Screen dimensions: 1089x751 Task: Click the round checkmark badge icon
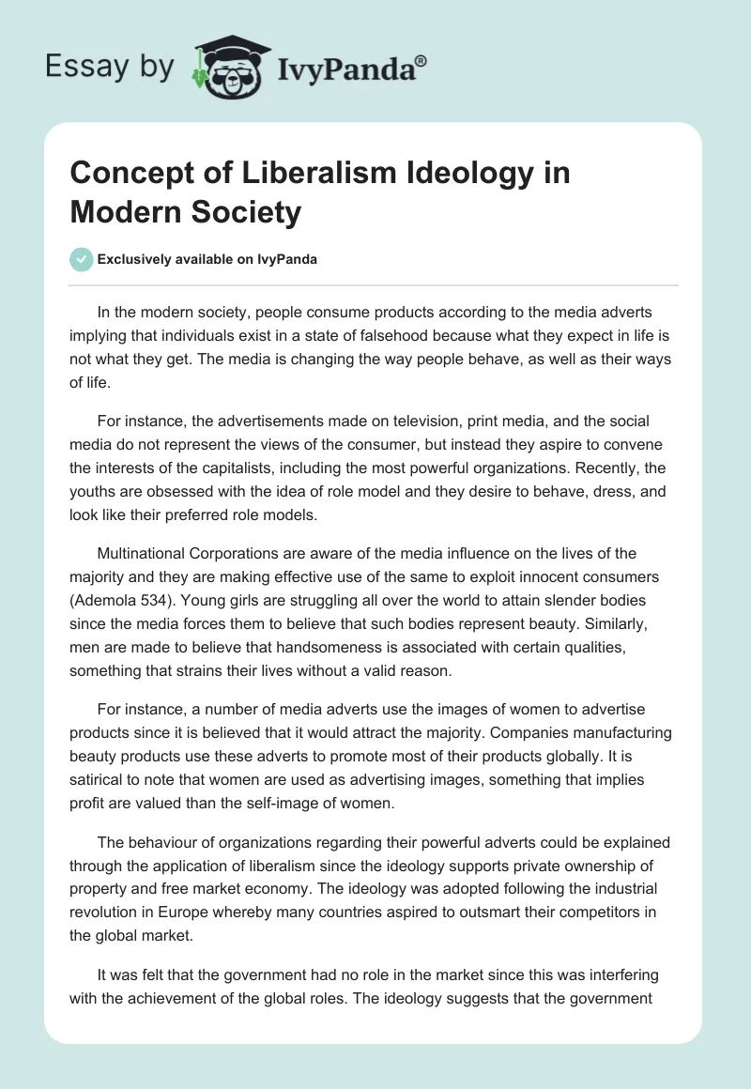pyautogui.click(x=82, y=259)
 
